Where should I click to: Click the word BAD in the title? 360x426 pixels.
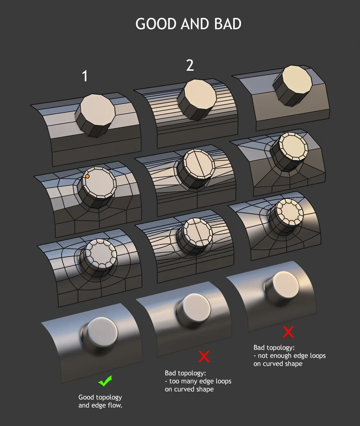pos(228,24)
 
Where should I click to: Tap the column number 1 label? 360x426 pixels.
pos(85,76)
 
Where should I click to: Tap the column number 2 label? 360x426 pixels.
pos(190,66)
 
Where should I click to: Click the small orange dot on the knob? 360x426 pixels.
pos(87,176)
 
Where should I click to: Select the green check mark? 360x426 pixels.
pos(105,381)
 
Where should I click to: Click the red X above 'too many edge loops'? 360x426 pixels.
pos(204,356)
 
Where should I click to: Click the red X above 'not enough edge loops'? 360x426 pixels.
pos(288,332)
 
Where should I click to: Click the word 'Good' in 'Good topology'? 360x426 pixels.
pos(86,397)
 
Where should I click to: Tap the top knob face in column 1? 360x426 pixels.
pos(98,111)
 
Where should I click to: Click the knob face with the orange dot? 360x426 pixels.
pos(99,183)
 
